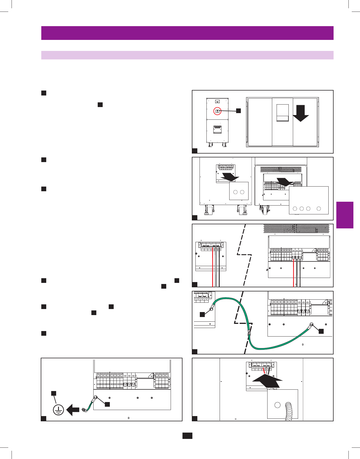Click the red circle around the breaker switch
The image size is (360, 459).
[x=217, y=111]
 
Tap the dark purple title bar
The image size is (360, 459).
[x=187, y=33]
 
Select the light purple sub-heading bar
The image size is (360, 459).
[x=187, y=55]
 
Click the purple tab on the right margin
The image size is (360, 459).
[x=345, y=215]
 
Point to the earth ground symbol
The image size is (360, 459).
[x=58, y=410]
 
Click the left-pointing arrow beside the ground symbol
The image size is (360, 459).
[x=73, y=410]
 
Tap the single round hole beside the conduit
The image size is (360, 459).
[x=277, y=405]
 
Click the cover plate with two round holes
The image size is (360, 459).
[x=239, y=191]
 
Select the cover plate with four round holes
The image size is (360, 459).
[x=309, y=200]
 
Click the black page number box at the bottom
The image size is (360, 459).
[x=187, y=436]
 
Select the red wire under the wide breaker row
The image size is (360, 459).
[x=294, y=272]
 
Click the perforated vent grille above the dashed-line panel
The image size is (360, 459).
[x=296, y=228]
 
